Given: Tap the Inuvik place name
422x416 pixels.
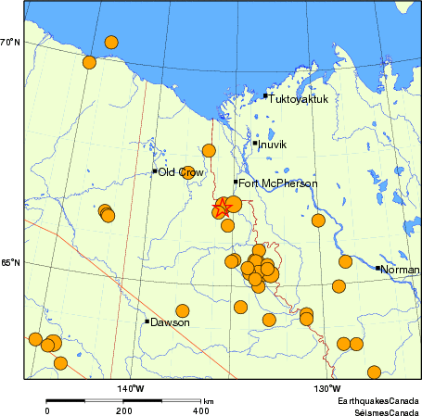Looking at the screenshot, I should pyautogui.click(x=273, y=145).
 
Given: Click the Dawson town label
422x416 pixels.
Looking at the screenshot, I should pyautogui.click(x=171, y=322).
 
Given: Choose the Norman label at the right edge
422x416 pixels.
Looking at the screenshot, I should pyautogui.click(x=401, y=270).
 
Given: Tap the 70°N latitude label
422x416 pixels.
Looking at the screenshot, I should pyautogui.click(x=10, y=43).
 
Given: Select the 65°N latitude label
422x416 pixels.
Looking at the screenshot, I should pyautogui.click(x=10, y=262).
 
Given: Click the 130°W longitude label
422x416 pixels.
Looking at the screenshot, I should pyautogui.click(x=326, y=387).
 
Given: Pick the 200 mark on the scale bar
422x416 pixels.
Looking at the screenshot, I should pyautogui.click(x=122, y=410).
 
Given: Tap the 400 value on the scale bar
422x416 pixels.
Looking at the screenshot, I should pyautogui.click(x=198, y=410).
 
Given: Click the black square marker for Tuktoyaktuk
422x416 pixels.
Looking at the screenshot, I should pyautogui.click(x=265, y=95).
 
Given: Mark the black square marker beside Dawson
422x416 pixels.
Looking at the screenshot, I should pyautogui.click(x=147, y=321).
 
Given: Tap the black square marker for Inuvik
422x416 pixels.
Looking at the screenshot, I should pyautogui.click(x=255, y=143).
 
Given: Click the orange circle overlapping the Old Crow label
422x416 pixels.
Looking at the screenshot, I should pyautogui.click(x=188, y=172).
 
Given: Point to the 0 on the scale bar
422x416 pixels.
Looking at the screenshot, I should pyautogui.click(x=47, y=410).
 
